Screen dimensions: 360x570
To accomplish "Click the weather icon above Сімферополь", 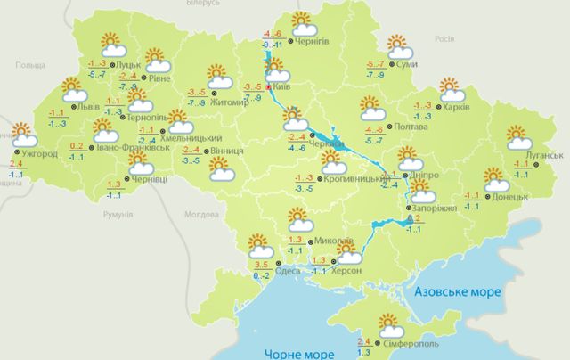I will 388,323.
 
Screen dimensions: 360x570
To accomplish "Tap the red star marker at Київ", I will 270,87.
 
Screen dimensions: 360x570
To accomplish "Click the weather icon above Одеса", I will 258,243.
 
